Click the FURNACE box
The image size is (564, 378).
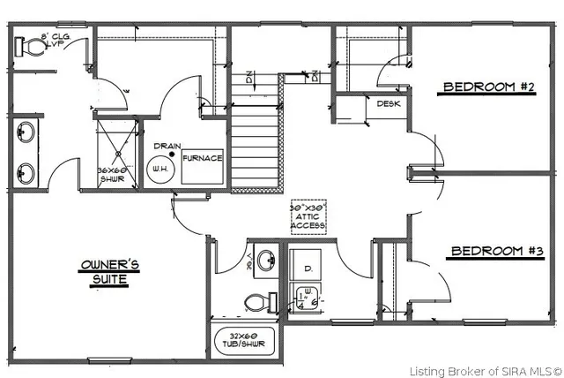tap(203, 159)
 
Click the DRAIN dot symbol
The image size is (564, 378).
tap(173, 155)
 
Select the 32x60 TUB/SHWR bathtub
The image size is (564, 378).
tap(245, 341)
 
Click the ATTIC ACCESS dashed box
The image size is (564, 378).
tap(309, 216)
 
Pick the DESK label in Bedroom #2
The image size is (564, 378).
tap(389, 104)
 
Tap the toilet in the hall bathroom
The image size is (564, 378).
tap(256, 302)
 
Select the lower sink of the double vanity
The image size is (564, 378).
tap(25, 170)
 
